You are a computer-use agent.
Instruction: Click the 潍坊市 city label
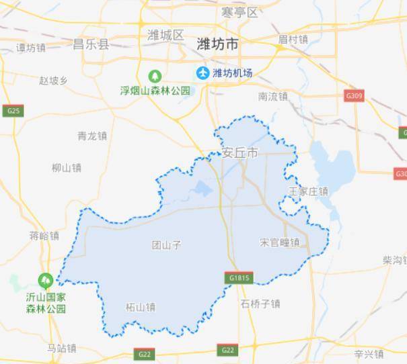pyautogui.click(x=217, y=44)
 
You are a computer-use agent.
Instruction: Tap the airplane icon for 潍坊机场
pyautogui.click(x=202, y=73)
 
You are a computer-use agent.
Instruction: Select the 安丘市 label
pyautogui.click(x=239, y=153)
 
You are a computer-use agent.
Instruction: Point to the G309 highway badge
pyautogui.click(x=354, y=96)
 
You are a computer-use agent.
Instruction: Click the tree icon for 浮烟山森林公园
pyautogui.click(x=155, y=75)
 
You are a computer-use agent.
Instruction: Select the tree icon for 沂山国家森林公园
pyautogui.click(x=46, y=277)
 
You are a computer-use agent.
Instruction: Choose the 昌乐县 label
pyautogui.click(x=91, y=44)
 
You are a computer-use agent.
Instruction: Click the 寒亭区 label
pyautogui.click(x=239, y=12)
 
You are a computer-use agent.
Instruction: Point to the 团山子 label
pyautogui.click(x=167, y=246)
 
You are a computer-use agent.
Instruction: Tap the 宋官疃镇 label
pyautogui.click(x=279, y=242)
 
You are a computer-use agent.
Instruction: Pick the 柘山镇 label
pyautogui.click(x=140, y=308)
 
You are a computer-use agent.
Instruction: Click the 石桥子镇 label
pyautogui.click(x=260, y=304)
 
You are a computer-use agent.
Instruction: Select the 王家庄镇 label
pyautogui.click(x=308, y=191)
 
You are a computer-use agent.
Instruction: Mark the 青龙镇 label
pyautogui.click(x=92, y=136)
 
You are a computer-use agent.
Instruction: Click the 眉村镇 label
pyautogui.click(x=293, y=40)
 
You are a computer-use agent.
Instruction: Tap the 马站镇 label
pyautogui.click(x=61, y=348)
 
